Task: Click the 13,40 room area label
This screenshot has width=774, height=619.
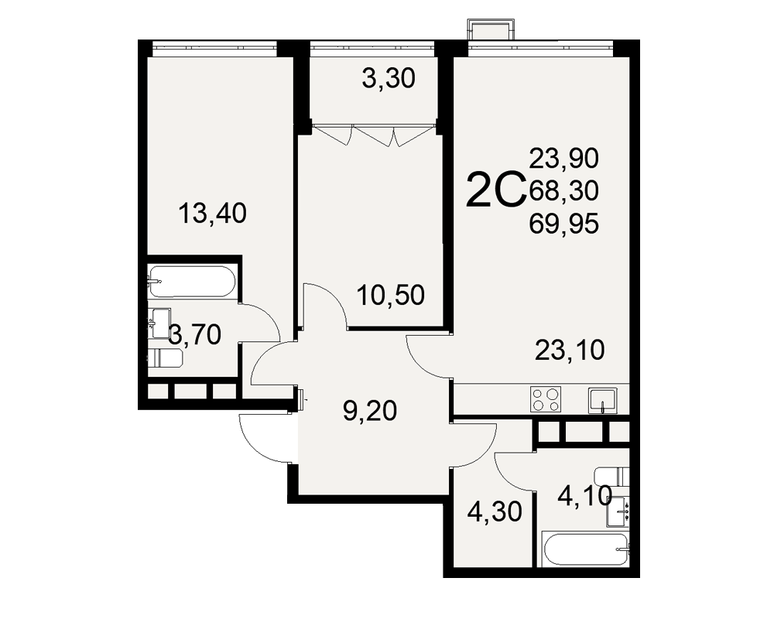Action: point(212,214)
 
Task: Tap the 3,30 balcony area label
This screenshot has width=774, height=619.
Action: point(389,78)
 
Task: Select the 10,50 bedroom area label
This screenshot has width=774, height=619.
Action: point(390,295)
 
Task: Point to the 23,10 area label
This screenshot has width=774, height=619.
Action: point(570,350)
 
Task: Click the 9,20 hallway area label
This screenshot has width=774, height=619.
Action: point(370,411)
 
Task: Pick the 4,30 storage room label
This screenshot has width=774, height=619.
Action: point(495,511)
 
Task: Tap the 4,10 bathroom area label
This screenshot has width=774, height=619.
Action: point(585,496)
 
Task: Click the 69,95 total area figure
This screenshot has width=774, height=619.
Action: point(563,224)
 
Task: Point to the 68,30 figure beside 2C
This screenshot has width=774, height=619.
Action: point(563,190)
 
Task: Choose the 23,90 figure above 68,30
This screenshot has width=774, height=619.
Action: point(563,159)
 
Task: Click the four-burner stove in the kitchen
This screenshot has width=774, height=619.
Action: point(546,399)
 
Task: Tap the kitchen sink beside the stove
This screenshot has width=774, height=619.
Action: point(603,400)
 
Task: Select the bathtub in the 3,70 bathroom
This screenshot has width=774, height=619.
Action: point(192,282)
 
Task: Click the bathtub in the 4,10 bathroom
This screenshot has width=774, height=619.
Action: point(585,550)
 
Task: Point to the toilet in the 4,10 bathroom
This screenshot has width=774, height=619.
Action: point(612,477)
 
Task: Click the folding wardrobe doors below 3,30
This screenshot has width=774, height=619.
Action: point(373,135)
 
